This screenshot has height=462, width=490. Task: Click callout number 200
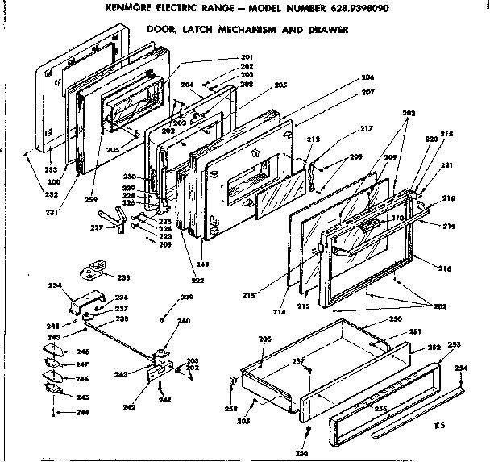tap(55, 160)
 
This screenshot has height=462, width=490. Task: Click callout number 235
tap(123, 278)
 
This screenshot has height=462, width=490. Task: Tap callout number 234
tap(54, 285)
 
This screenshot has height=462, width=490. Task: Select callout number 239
tap(187, 298)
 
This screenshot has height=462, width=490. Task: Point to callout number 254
tap(460, 368)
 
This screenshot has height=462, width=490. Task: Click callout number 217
tap(367, 128)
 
